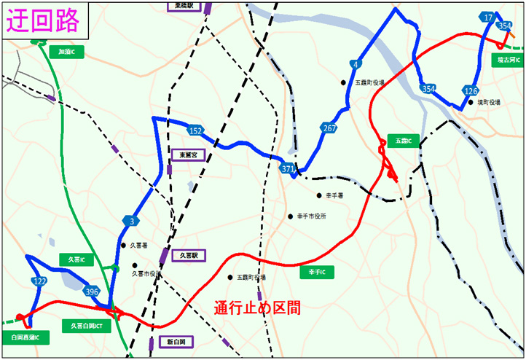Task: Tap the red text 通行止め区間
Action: click(x=257, y=308)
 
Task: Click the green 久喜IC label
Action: click(x=76, y=259)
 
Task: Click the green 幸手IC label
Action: click(x=316, y=272)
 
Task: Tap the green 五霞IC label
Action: click(x=404, y=141)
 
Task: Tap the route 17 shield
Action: click(x=488, y=17)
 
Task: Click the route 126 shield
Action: click(x=470, y=91)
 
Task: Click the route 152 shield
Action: click(x=195, y=130)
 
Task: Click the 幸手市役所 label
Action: click(x=310, y=216)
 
